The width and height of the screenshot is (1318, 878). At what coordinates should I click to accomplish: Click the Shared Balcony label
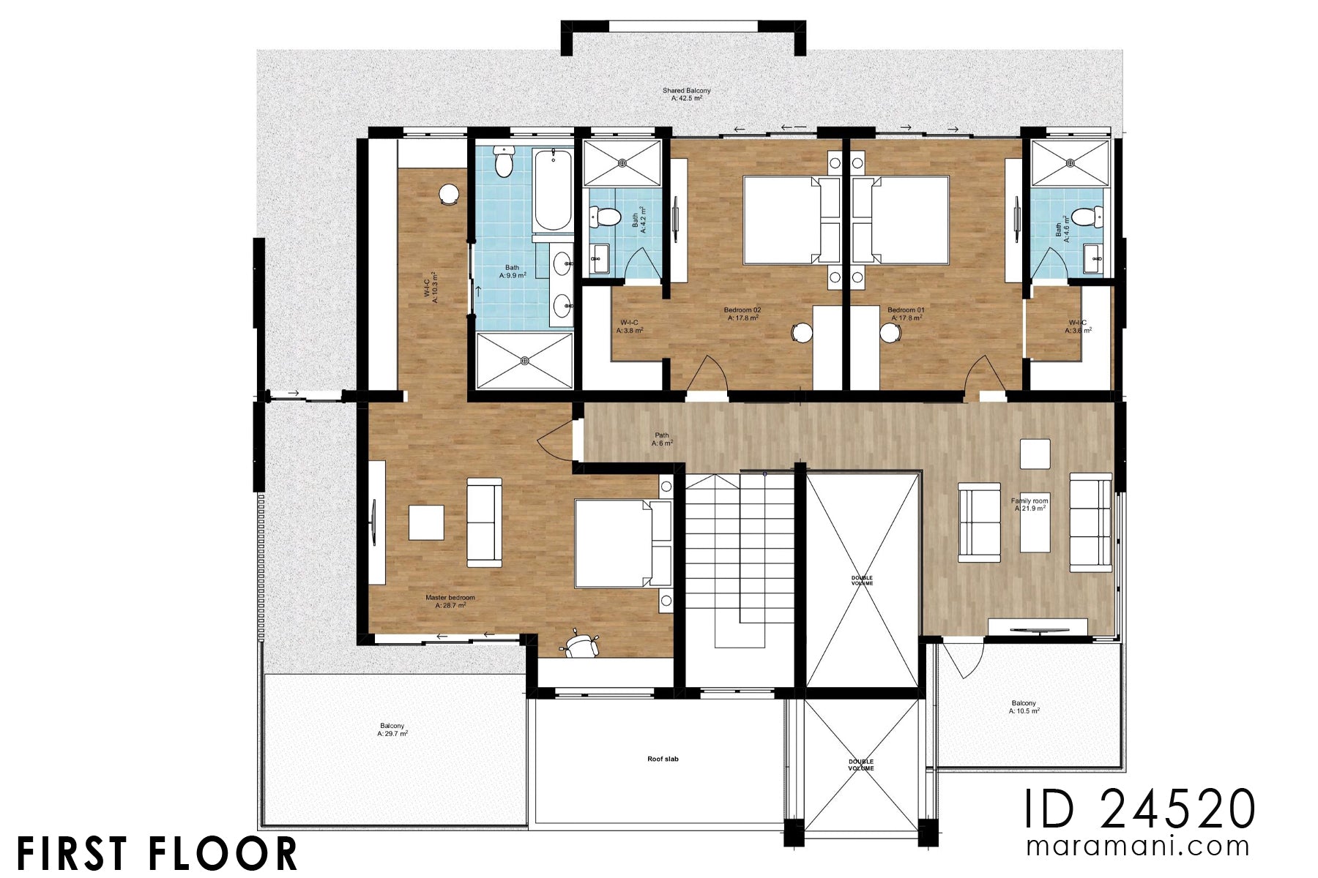686,94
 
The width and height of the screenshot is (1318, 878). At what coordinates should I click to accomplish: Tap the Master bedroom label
450,601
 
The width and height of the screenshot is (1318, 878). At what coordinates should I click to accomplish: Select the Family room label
1030,505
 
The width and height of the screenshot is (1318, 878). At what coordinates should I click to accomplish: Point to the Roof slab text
663,759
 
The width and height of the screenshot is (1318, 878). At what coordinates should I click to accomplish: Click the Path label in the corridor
662,440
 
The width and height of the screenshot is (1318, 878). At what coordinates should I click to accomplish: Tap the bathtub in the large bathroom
552,190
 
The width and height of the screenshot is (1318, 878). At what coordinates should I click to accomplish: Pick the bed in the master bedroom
622,543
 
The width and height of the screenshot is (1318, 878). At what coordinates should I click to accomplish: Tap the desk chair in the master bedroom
580,645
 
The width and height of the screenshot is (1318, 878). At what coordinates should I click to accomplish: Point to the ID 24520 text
1139,809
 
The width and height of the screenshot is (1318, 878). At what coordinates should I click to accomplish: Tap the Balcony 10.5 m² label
1024,707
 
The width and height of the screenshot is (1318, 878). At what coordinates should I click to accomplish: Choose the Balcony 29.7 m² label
392,729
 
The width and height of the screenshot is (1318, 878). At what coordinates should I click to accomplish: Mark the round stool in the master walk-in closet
448,195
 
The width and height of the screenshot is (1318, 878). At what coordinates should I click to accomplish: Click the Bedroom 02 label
742,314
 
